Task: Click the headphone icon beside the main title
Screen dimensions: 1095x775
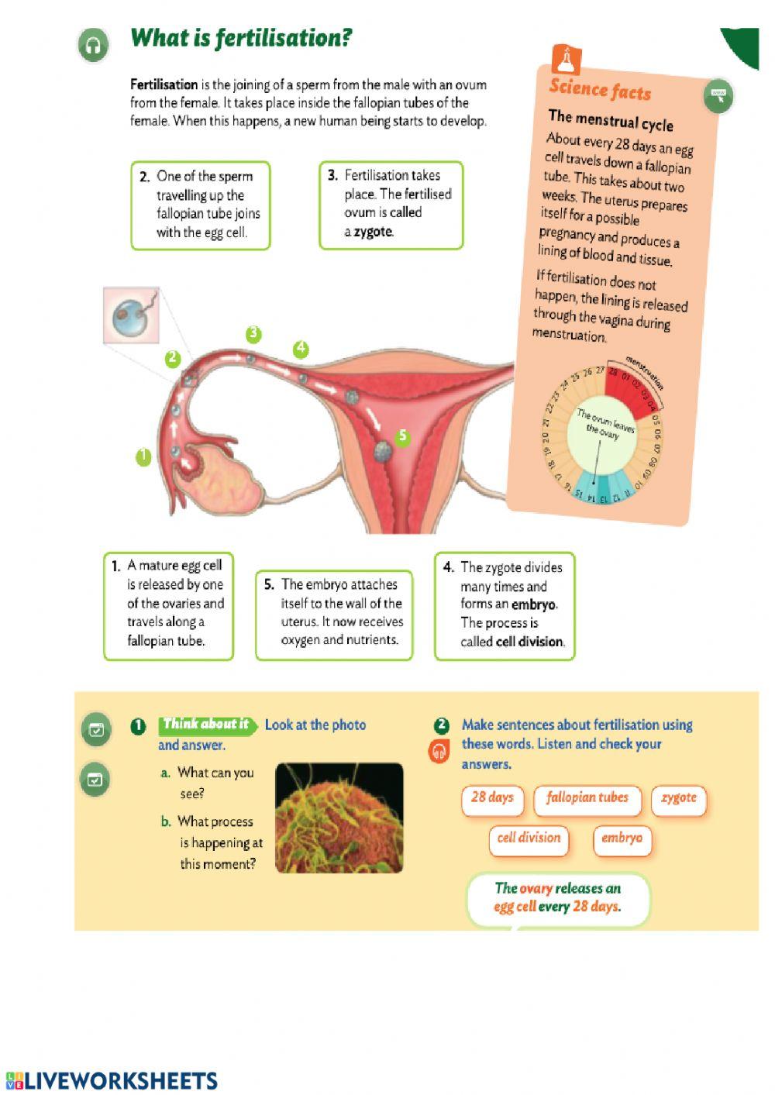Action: click(x=93, y=45)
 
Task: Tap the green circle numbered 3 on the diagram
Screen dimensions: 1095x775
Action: click(x=253, y=335)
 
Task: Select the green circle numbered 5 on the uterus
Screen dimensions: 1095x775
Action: click(x=401, y=437)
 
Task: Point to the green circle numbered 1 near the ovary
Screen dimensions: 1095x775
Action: click(x=143, y=457)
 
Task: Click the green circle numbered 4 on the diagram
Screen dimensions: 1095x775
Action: click(x=301, y=350)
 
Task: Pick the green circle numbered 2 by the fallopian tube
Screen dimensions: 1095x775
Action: click(x=173, y=359)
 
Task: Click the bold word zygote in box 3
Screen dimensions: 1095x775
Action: click(x=374, y=232)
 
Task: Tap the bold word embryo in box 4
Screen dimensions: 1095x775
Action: click(x=533, y=604)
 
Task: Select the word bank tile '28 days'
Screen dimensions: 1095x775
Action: click(x=492, y=798)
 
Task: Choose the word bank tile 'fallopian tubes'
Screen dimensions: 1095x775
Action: click(x=587, y=798)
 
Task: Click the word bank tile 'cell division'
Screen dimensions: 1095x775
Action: click(x=529, y=838)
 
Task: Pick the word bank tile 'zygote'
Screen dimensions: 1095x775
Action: click(x=679, y=798)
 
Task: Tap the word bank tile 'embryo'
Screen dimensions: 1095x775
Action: click(x=622, y=838)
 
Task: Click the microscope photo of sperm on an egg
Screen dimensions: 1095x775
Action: click(x=339, y=818)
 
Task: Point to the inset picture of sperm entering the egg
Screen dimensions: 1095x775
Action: click(x=131, y=315)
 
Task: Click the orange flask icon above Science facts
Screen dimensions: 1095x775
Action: click(x=566, y=59)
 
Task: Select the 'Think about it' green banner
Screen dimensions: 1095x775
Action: click(x=206, y=725)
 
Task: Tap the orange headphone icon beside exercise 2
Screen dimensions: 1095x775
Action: click(x=439, y=751)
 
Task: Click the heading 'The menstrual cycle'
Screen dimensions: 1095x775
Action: click(x=611, y=121)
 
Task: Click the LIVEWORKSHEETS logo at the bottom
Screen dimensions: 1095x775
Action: click(x=112, y=1080)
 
